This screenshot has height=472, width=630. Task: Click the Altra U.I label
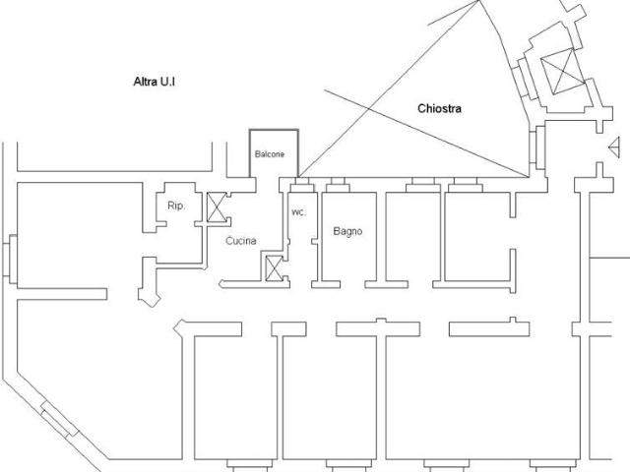click(x=155, y=82)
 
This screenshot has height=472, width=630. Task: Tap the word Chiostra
click(x=440, y=108)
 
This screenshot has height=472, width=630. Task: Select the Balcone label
click(x=270, y=154)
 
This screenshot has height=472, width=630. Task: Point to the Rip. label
click(x=176, y=206)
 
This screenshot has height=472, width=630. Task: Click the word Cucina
click(x=241, y=241)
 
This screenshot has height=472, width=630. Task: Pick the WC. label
click(x=298, y=212)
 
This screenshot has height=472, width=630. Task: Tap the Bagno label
click(x=347, y=231)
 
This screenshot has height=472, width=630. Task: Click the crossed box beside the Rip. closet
click(x=217, y=207)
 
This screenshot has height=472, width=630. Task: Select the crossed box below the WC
click(x=275, y=268)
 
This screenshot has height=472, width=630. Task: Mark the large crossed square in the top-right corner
click(x=562, y=72)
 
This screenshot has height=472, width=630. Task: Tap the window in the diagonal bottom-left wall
click(x=59, y=419)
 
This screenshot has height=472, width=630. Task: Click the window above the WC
click(x=302, y=185)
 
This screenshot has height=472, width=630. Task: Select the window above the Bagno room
click(x=338, y=185)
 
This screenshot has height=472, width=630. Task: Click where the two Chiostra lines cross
click(x=369, y=108)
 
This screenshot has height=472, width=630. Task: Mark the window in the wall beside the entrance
click(x=537, y=147)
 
